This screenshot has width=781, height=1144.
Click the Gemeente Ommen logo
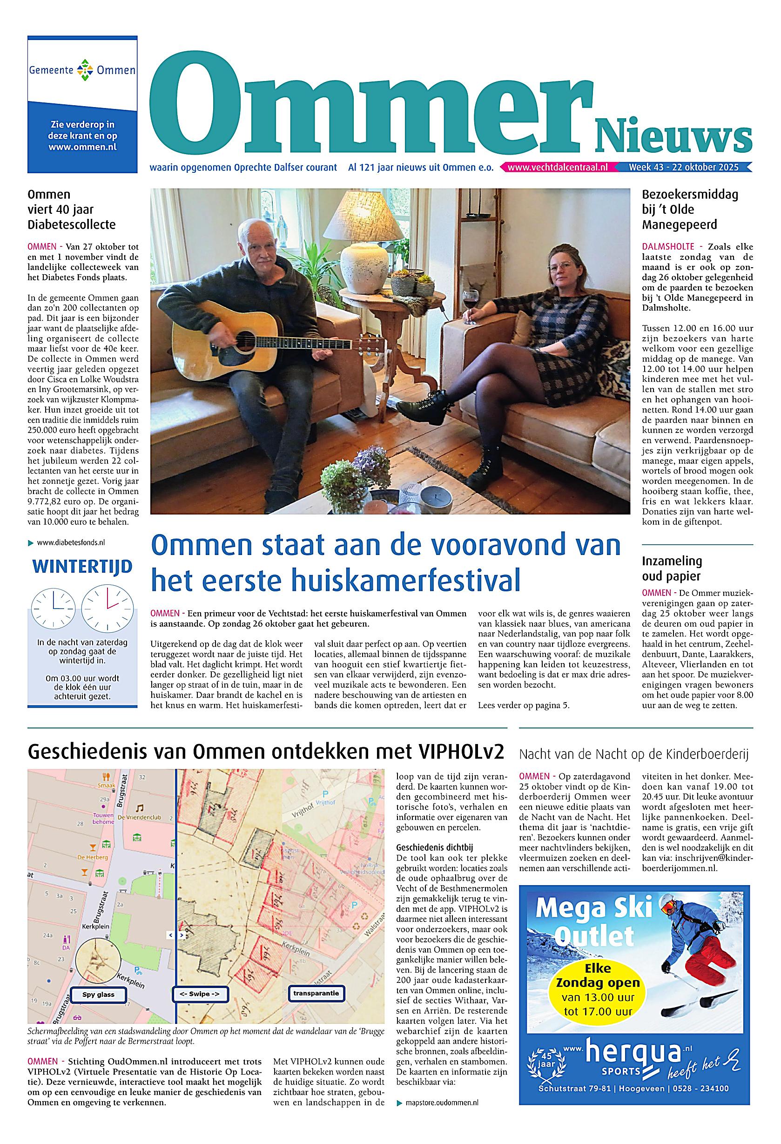[82, 70]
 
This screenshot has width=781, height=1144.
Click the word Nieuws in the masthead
[673, 135]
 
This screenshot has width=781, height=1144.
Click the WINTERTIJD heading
[82, 567]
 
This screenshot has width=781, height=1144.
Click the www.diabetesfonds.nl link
[71, 542]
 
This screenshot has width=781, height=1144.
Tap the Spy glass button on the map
[98, 981]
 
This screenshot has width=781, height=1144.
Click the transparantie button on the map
[316, 980]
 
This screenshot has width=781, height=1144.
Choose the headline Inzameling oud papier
[672, 568]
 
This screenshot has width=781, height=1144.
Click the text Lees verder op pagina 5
[523, 705]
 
